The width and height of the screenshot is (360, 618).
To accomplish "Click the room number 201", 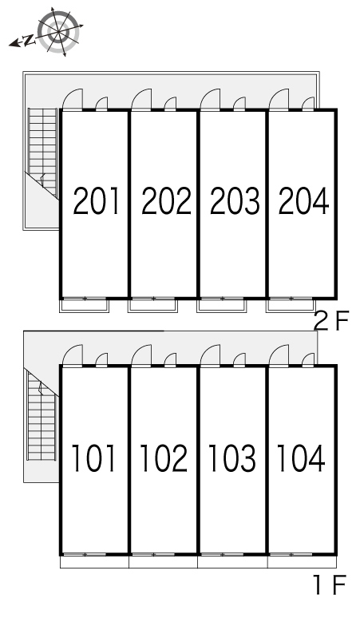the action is tap(96, 201).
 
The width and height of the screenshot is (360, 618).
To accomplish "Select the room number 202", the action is tap(166, 201).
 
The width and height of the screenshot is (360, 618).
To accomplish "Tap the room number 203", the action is tap(235, 201).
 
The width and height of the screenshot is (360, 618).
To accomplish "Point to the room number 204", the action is tap(303, 201).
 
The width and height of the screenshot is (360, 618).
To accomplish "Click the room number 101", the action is tap(93, 458).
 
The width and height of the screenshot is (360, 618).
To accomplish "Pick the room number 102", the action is tap(164, 458).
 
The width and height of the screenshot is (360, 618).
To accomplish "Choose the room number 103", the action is tap(232, 458).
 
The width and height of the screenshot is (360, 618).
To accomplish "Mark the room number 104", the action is tap(301, 458).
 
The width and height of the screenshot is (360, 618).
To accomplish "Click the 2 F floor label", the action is tap(331, 321).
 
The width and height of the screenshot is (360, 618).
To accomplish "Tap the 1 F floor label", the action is tap(330, 585).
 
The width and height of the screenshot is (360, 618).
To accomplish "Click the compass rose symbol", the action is tap(59, 31).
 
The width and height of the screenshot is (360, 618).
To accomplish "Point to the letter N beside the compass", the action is tap(28, 41).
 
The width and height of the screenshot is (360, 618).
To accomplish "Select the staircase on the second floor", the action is tap(42, 153).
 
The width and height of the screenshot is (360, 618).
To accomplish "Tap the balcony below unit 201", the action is tap(85, 306).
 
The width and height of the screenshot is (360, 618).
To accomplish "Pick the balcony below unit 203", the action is tap(222, 306).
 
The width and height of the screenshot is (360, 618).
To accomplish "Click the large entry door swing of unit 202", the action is tap(141, 99).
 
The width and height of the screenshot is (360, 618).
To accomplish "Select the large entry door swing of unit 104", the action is tap(279, 355).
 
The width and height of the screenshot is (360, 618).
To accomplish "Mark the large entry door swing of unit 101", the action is tap(73, 355).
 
